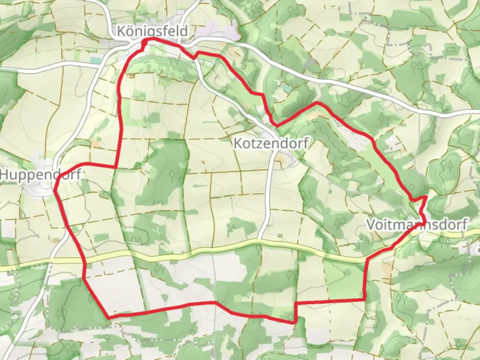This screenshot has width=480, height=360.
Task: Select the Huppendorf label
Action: click(x=40, y=174)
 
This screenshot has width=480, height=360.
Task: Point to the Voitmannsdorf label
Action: click(x=417, y=224)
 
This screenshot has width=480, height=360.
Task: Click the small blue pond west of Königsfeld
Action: click(x=95, y=60)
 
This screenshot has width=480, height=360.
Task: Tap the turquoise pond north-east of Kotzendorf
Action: click(x=286, y=88)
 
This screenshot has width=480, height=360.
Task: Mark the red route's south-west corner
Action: click(x=108, y=318)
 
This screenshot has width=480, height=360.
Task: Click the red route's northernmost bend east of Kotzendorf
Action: click(x=317, y=103)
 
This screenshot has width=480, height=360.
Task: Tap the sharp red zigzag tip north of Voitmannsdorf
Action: click(x=426, y=197)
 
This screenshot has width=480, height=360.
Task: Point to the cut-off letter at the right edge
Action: click(x=478, y=248)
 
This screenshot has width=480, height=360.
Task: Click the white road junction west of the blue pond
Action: click(x=100, y=66)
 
